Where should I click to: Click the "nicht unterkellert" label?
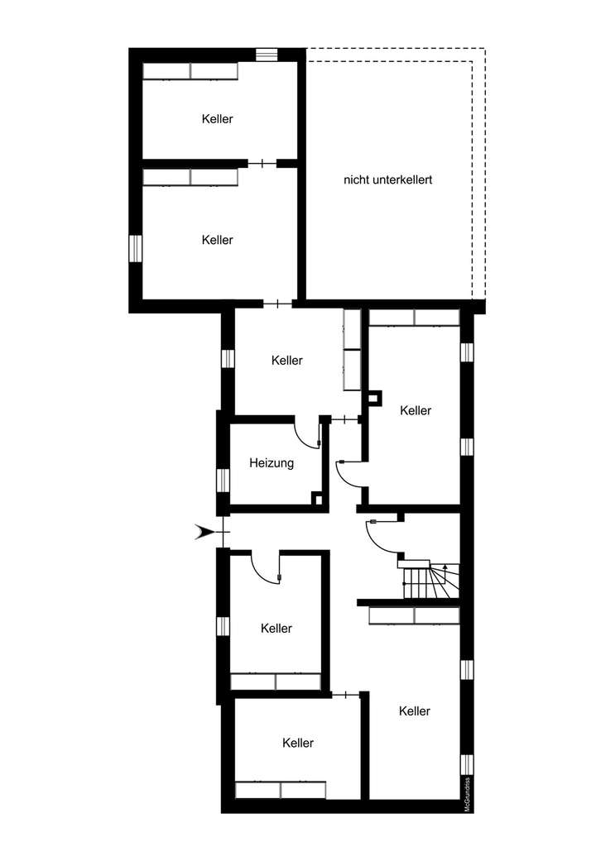tap(388, 179)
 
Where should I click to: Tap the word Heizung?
tap(272, 463)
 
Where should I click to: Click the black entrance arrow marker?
tap(202, 532)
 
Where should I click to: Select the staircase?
tap(429, 580)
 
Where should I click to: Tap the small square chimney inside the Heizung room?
tap(316, 498)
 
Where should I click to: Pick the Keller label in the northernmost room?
tap(217, 119)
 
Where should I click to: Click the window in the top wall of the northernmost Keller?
tap(267, 55)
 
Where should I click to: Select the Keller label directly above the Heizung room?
tap(287, 361)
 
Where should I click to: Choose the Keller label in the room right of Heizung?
tap(415, 410)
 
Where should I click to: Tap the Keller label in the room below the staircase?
tap(414, 710)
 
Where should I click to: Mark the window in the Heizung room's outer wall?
tap(222, 480)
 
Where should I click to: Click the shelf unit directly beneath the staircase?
tap(413, 615)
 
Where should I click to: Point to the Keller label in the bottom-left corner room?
tap(297, 743)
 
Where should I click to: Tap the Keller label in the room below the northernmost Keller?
tap(217, 240)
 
